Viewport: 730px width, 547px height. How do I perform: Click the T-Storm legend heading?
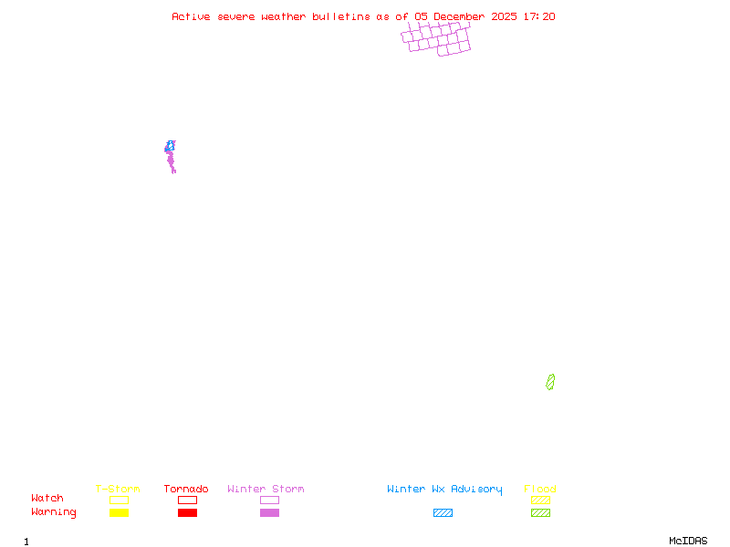(x=118, y=490)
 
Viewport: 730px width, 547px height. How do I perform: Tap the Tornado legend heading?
(x=186, y=490)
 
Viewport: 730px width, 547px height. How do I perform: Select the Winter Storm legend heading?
(x=266, y=490)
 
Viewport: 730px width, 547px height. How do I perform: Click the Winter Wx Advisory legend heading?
(x=444, y=490)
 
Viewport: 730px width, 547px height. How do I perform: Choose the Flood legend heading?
(x=540, y=490)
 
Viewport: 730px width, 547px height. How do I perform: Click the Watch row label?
(x=47, y=499)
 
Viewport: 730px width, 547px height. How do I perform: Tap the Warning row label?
(x=54, y=512)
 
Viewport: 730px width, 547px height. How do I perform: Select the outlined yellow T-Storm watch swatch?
(x=119, y=500)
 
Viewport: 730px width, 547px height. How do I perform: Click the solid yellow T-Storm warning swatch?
(x=119, y=513)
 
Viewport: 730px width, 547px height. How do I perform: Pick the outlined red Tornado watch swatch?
(x=187, y=500)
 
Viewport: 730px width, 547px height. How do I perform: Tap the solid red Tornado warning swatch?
(x=187, y=513)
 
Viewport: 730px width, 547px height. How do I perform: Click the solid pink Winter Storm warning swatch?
(x=269, y=513)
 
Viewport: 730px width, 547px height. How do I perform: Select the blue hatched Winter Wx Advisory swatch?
(x=443, y=513)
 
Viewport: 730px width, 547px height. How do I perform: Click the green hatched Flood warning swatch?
(x=540, y=513)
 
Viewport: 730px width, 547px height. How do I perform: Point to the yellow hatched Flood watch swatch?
(x=540, y=500)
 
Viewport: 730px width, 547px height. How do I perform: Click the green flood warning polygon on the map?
(x=550, y=382)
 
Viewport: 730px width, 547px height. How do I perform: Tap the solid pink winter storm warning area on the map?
(x=171, y=160)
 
